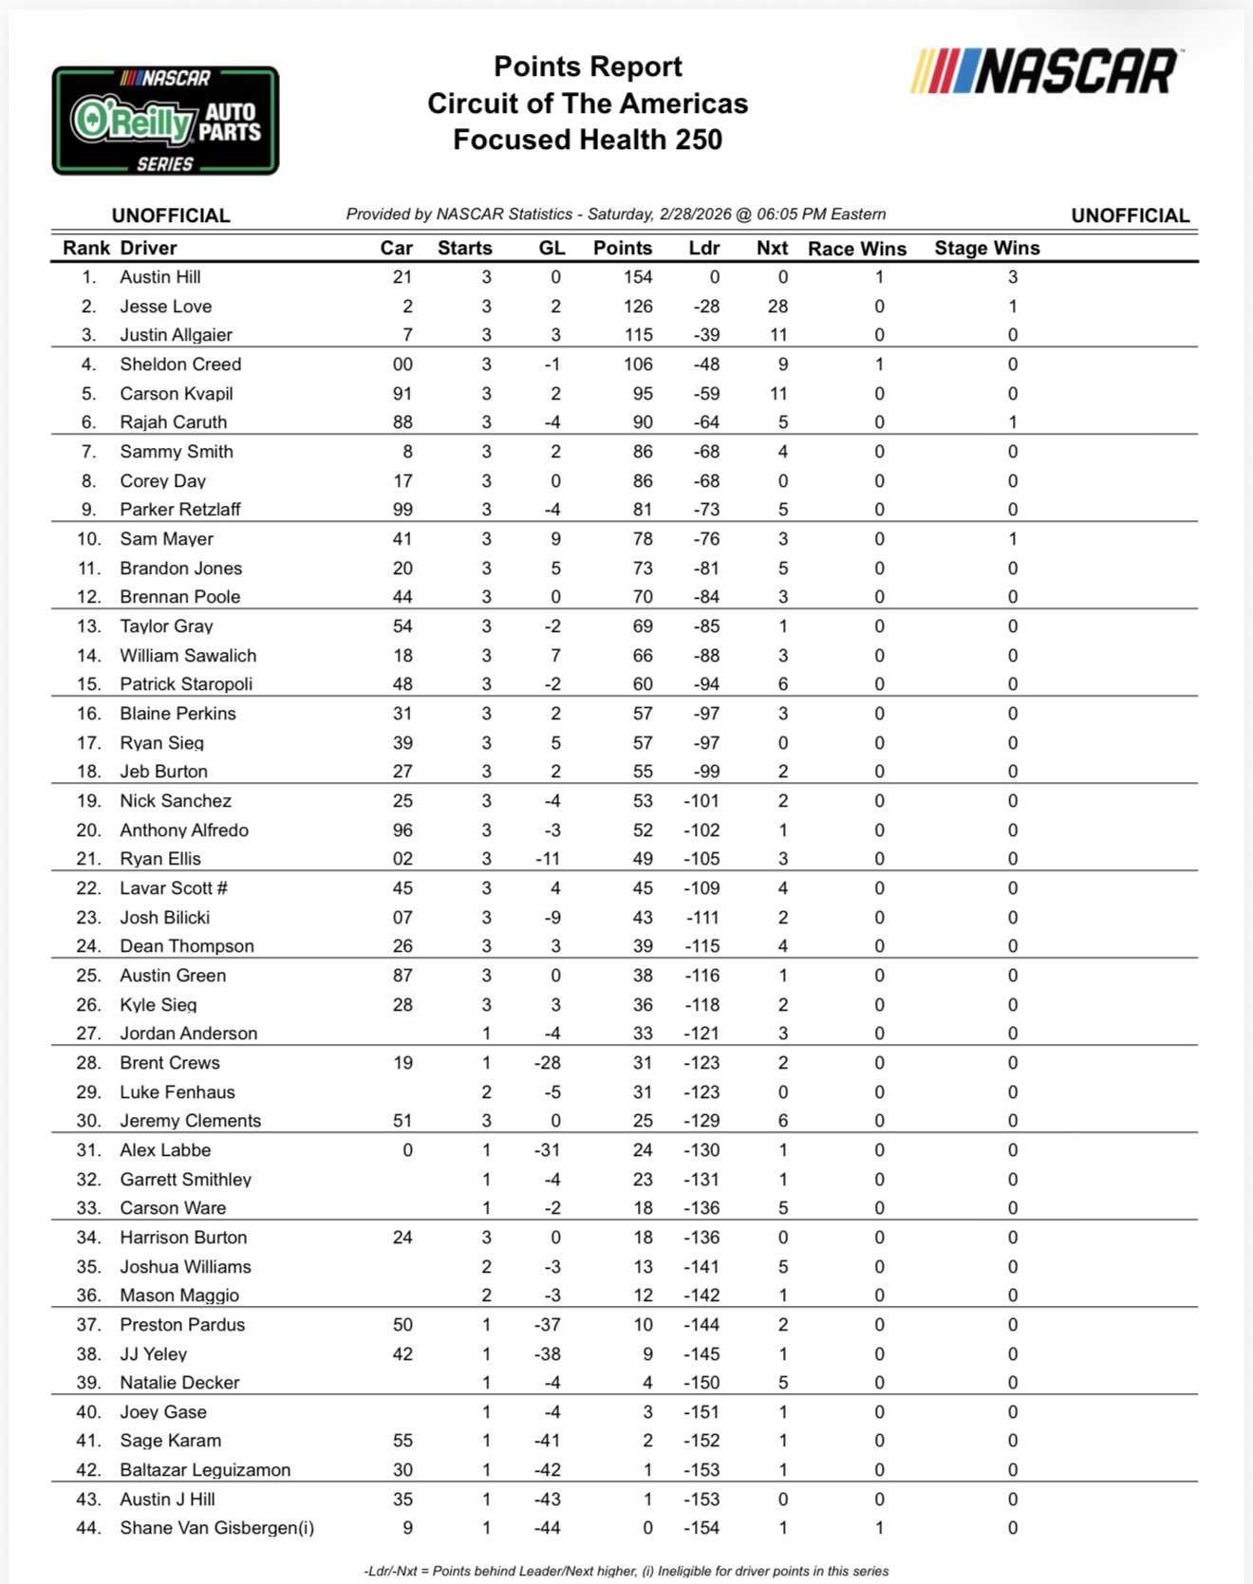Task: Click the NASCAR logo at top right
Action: [x=1044, y=71]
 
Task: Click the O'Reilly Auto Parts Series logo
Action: [x=165, y=121]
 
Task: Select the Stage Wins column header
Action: [x=986, y=248]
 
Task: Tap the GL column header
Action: [x=552, y=248]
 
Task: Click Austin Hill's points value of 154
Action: [x=637, y=277]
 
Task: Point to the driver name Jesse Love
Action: [x=165, y=307]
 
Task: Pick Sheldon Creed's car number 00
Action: [x=402, y=364]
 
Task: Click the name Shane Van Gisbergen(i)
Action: [x=216, y=1528]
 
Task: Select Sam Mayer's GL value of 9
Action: [x=555, y=539]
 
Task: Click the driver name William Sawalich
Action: [x=188, y=656]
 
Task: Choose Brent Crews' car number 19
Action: [x=402, y=1063]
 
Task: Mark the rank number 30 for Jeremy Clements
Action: [x=88, y=1121]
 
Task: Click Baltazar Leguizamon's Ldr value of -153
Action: [x=701, y=1470]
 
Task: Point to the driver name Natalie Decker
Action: [x=179, y=1383]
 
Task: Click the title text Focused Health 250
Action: [x=588, y=140]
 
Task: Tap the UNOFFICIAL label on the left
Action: [x=171, y=215]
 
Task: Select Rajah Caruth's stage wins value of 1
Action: [x=1012, y=422]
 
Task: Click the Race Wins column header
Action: [x=856, y=249]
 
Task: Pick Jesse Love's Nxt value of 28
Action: [x=777, y=307]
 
